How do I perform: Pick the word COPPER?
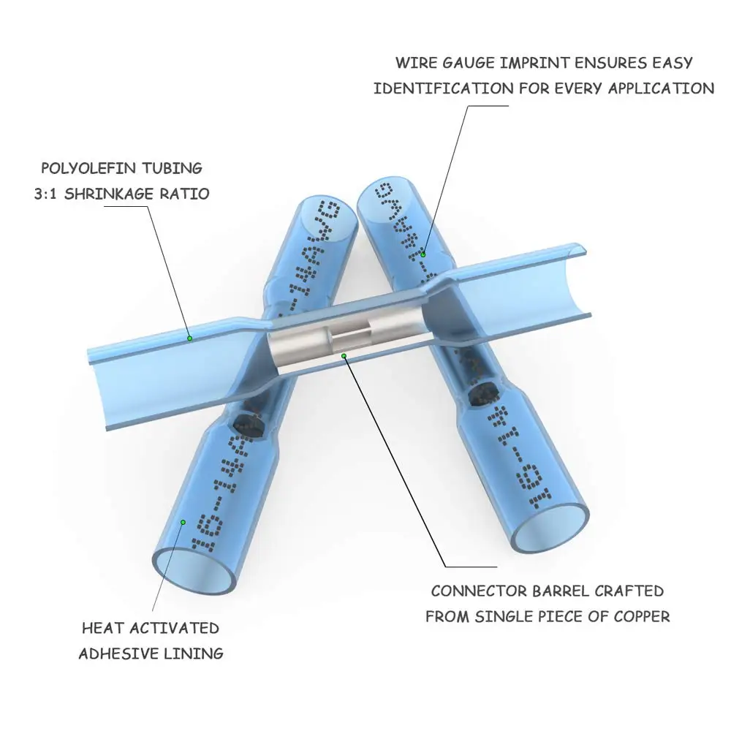coord(640,616)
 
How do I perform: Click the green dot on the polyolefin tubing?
coord(189,338)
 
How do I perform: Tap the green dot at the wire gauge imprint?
coord(423,254)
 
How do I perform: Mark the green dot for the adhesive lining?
coord(183,522)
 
